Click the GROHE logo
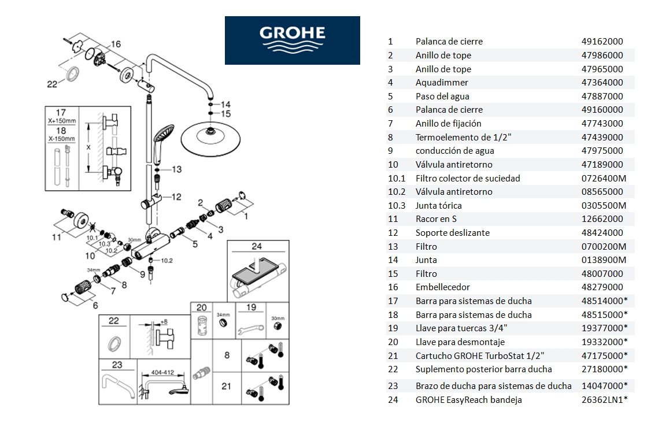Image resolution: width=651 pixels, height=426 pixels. [292, 40]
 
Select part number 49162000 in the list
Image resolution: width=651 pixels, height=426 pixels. [602, 42]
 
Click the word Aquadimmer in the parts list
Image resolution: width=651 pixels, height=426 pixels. [434, 83]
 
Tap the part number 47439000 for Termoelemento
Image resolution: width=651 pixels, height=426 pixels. [602, 137]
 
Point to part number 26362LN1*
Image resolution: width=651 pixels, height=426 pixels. [604, 400]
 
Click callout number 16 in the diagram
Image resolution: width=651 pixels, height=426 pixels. [116, 45]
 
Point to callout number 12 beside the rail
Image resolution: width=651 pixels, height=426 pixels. [176, 197]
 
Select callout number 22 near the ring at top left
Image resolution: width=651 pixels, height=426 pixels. [52, 84]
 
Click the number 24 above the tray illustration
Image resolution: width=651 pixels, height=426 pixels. [257, 246]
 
